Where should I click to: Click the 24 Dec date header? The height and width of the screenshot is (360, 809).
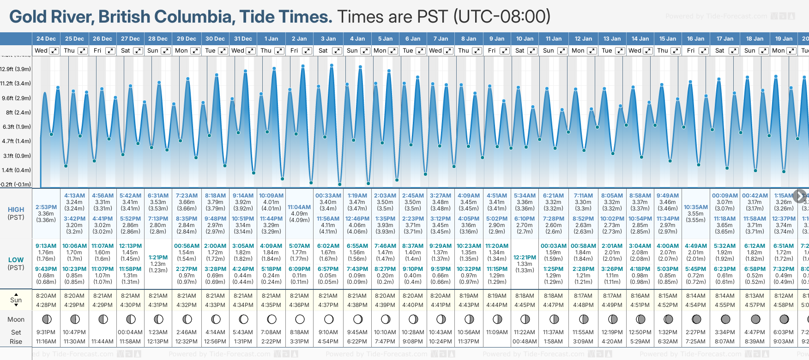click(x=46, y=39)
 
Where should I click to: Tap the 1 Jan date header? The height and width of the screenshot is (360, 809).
click(x=271, y=39)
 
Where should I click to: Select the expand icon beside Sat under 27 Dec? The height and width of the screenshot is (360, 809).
click(x=138, y=51)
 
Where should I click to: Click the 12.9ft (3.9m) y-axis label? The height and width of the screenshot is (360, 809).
click(x=16, y=69)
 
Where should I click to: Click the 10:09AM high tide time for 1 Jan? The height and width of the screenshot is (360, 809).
click(x=271, y=196)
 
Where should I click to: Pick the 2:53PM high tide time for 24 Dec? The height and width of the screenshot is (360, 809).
click(x=46, y=207)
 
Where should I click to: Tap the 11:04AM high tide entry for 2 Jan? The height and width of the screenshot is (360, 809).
click(x=299, y=207)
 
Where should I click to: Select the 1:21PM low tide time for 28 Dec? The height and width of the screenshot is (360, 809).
click(x=158, y=258)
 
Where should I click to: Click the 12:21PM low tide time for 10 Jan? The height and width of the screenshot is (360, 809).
click(x=525, y=258)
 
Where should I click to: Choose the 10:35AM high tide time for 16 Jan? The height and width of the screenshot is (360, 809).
click(x=695, y=207)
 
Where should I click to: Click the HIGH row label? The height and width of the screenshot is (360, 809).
click(x=16, y=210)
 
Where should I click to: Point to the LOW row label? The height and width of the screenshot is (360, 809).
click(x=16, y=260)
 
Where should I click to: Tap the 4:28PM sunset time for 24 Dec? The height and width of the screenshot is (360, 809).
click(x=46, y=305)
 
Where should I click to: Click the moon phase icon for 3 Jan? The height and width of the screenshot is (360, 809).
click(x=328, y=319)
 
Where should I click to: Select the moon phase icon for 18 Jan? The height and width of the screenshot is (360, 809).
click(x=755, y=319)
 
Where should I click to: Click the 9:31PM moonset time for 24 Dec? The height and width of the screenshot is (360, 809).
click(x=46, y=332)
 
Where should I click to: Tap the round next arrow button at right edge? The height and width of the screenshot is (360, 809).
click(x=800, y=196)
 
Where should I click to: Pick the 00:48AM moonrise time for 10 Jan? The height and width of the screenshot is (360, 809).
click(x=525, y=342)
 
